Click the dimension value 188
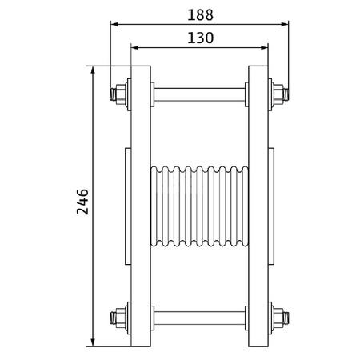coord(199,14)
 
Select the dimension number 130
coord(199,38)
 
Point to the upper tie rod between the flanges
coord(199,93)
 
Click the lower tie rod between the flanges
coord(199,318)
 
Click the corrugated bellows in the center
coord(199,206)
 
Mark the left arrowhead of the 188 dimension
coord(114,24)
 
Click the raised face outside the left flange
coord(128,206)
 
